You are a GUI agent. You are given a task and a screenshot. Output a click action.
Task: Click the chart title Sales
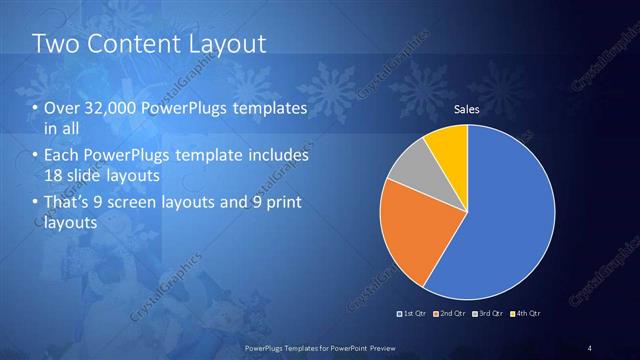467,109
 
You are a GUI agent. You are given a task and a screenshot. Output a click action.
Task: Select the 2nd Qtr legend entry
451,313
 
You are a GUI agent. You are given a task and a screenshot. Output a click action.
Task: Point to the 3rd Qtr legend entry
489,313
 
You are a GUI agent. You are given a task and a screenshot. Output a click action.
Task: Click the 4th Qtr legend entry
526,313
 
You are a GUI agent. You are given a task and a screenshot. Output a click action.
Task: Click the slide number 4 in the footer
590,347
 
